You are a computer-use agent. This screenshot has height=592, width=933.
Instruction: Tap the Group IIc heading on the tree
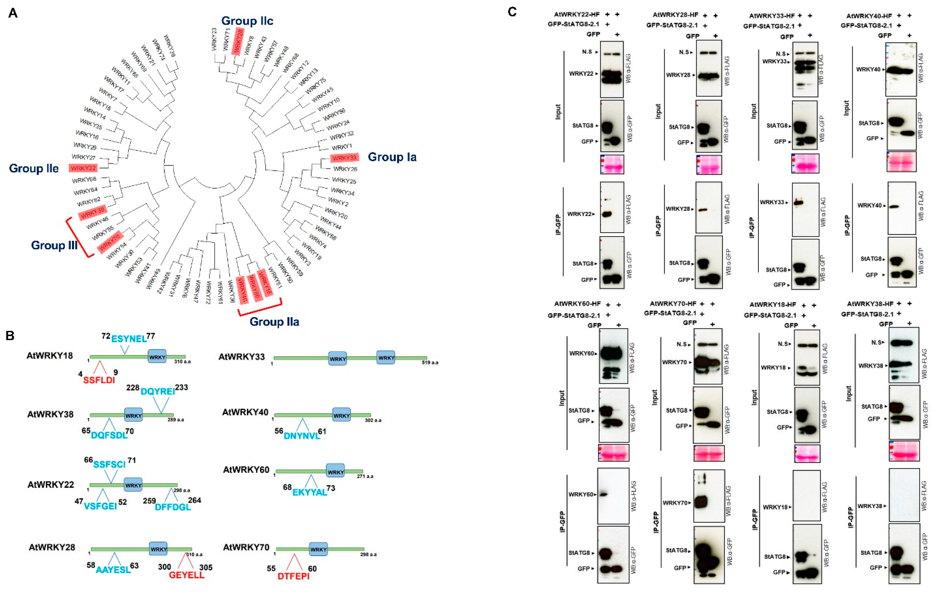point(247,21)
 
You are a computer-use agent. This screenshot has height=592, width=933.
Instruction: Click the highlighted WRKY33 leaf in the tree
point(344,158)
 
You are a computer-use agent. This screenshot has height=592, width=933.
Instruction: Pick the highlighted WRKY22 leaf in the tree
point(83,168)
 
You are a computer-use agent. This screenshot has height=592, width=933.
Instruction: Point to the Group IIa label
point(274,321)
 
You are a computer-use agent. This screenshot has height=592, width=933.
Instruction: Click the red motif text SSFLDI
point(99,380)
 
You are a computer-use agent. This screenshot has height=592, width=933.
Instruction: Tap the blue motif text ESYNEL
point(129,339)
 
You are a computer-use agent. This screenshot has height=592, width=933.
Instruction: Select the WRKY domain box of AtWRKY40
point(341,416)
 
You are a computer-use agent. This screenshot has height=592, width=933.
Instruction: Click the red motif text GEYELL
point(186,575)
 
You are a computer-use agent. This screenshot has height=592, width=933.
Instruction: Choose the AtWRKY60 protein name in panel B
point(246,470)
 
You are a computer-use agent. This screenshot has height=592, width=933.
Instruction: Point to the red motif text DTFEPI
point(293,576)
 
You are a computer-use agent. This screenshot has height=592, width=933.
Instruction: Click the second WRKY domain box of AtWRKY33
point(386,358)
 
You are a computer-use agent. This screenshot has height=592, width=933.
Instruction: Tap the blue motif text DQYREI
point(158,392)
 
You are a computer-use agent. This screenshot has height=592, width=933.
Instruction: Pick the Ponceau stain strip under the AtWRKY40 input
point(901,162)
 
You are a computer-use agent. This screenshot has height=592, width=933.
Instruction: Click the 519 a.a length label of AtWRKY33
point(430,362)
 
